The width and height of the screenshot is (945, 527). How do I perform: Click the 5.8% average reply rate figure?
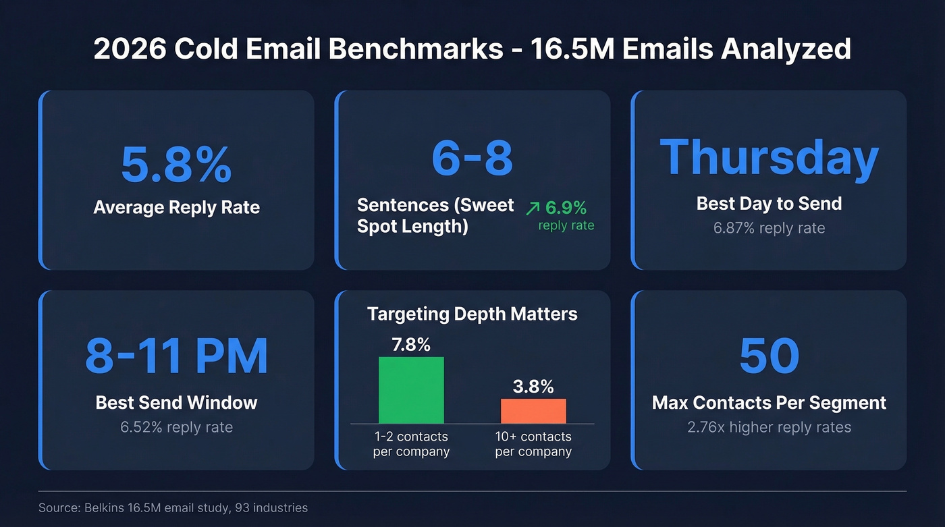[176, 164]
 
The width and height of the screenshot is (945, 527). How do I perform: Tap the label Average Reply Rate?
[176, 207]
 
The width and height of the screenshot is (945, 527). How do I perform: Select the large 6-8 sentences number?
[472, 159]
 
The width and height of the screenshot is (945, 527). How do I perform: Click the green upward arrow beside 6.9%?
[533, 208]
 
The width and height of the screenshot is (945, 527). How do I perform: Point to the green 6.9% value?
[566, 207]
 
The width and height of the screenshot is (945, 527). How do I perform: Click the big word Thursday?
[769, 158]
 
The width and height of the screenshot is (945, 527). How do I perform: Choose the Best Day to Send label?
[769, 203]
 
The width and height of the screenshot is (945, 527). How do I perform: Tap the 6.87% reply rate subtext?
[769, 228]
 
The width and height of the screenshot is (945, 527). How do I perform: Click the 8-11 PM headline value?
[176, 356]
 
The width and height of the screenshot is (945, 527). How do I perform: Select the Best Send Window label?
[176, 403]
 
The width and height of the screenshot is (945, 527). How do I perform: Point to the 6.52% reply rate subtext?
[176, 427]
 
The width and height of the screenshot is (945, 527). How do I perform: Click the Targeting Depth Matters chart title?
[472, 314]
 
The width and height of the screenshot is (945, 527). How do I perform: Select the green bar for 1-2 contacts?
[411, 390]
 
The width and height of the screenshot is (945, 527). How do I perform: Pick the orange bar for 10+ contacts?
[533, 411]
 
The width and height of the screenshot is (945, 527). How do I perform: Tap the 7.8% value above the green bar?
[411, 345]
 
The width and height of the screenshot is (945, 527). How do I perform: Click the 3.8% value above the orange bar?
[533, 387]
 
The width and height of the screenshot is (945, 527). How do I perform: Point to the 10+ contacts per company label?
[533, 444]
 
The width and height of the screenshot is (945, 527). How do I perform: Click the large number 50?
[769, 356]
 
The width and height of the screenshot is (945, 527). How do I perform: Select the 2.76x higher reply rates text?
[769, 427]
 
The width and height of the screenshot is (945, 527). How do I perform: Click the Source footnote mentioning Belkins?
[173, 507]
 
